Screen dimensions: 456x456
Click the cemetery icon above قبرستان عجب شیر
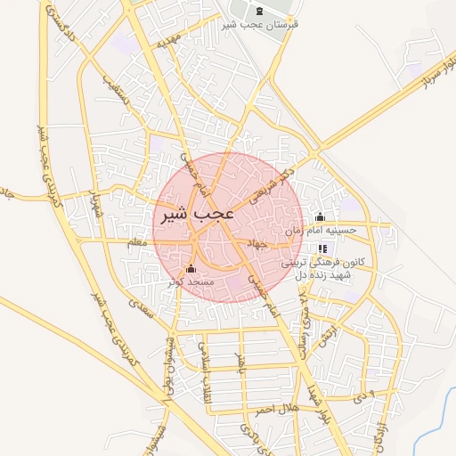(x=259, y=11)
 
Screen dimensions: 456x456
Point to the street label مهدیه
(x=169, y=42)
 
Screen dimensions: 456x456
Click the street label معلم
(x=136, y=241)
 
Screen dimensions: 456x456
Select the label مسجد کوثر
(x=189, y=281)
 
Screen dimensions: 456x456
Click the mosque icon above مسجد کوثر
(x=190, y=269)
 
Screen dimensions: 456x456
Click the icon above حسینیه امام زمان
(x=321, y=216)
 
